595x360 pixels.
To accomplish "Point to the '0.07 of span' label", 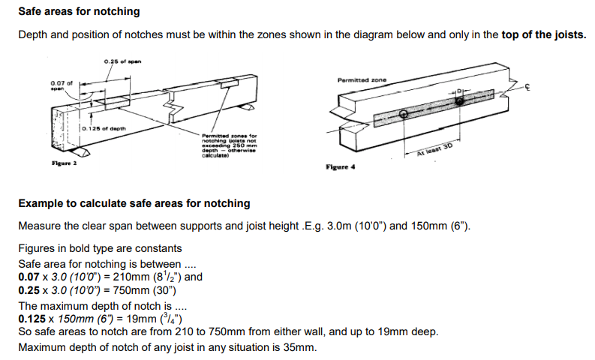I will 62,85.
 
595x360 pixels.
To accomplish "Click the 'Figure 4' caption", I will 340,167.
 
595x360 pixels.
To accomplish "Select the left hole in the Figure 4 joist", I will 404,114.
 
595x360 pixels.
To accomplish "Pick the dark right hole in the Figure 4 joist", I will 459,100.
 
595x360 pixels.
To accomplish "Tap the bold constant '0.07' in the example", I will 29,277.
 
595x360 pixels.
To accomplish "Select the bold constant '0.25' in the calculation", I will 29,290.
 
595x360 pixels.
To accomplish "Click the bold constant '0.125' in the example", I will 32,318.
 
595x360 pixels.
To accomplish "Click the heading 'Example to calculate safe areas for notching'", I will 134,203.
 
